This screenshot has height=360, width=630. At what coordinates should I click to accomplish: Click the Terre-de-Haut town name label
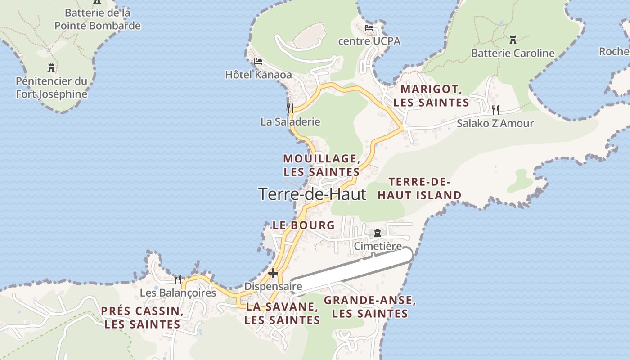[312, 194]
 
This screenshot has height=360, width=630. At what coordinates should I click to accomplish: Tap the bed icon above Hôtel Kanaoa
[258, 62]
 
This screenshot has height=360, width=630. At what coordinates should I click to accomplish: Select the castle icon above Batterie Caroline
[513, 40]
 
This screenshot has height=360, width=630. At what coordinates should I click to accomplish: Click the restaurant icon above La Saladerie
[290, 108]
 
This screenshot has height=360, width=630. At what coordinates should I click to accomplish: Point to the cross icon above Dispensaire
[273, 273]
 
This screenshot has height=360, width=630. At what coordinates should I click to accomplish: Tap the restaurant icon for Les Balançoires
[178, 279]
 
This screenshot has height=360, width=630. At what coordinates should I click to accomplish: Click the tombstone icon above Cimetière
[377, 233]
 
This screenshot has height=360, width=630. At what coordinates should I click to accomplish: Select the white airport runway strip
[351, 270]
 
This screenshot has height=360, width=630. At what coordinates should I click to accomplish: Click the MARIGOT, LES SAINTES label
[431, 96]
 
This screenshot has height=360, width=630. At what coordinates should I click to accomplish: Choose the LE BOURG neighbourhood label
[304, 225]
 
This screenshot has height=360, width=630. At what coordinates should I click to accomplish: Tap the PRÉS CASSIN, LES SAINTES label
[142, 317]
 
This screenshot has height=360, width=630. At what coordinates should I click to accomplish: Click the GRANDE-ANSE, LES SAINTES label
[369, 307]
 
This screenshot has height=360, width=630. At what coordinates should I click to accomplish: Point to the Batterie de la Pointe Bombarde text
[98, 19]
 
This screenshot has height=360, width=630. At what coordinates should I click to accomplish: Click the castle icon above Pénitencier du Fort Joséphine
[51, 68]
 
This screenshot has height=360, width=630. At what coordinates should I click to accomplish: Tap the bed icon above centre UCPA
[369, 28]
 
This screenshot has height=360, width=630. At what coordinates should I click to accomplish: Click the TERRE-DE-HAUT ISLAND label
[419, 189]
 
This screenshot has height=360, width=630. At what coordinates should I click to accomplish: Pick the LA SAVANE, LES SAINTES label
[282, 313]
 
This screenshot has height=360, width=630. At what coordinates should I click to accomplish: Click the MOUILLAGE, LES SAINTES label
[321, 165]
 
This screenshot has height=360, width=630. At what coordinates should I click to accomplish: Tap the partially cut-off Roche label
[614, 51]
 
